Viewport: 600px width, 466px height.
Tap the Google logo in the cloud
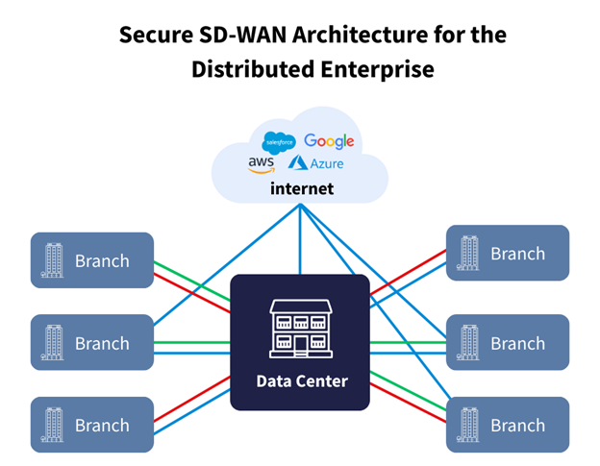tap(329, 141)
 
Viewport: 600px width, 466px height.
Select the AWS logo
tap(261, 164)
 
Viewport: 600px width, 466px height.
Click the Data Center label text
tap(301, 381)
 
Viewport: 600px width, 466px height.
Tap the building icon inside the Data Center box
tap(301, 328)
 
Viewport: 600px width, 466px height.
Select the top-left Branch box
tap(92, 260)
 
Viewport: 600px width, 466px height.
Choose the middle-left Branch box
tap(92, 343)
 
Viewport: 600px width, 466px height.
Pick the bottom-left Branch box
tap(92, 425)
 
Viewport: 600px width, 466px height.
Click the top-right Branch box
tap(508, 254)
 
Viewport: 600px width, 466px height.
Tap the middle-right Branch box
tap(508, 343)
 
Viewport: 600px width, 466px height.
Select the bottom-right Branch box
tap(508, 425)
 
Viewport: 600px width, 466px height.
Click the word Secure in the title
tap(152, 36)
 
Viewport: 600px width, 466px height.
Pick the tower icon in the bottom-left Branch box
tap(54, 425)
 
